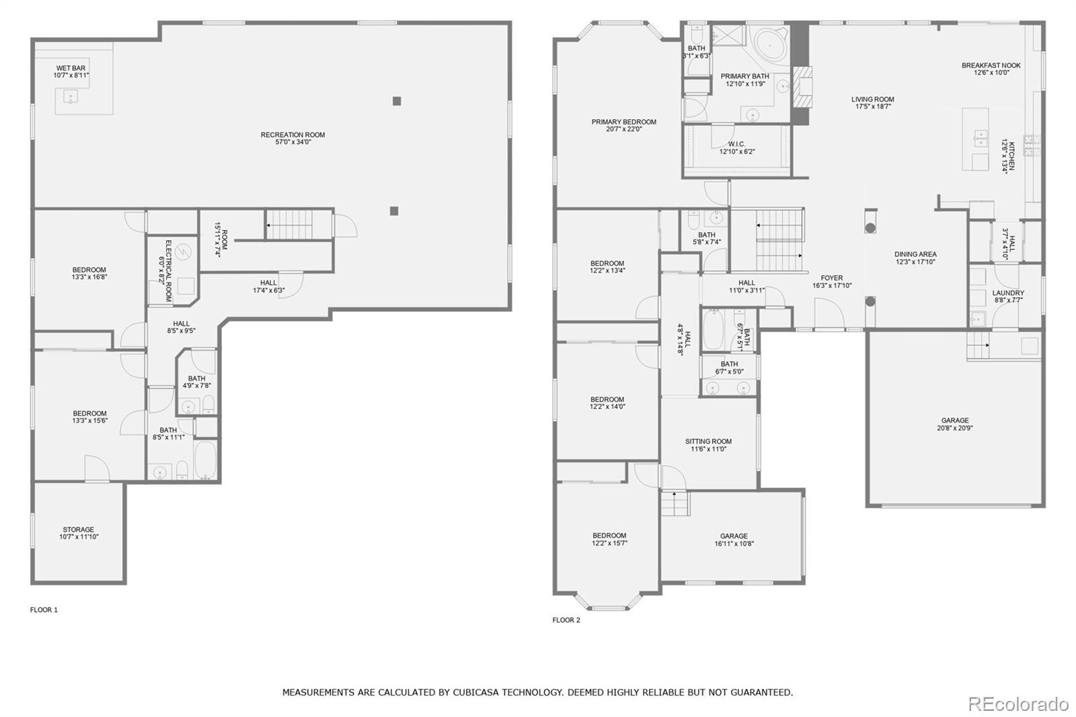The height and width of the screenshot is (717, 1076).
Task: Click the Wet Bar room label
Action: pyautogui.click(x=71, y=68)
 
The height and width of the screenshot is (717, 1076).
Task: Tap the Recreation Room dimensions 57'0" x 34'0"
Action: pyautogui.click(x=293, y=143)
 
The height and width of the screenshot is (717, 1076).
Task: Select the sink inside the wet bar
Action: pyautogui.click(x=70, y=98)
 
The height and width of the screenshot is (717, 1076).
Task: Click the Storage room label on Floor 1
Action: pyautogui.click(x=79, y=529)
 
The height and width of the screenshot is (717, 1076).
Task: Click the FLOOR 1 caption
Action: pyautogui.click(x=44, y=610)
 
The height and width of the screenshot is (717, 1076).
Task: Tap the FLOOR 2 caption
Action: pyautogui.click(x=566, y=620)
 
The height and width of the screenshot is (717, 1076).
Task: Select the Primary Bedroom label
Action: pyautogui.click(x=623, y=122)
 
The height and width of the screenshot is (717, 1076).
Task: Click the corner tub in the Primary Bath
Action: pyautogui.click(x=768, y=44)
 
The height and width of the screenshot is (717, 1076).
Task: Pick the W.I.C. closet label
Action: pyautogui.click(x=736, y=144)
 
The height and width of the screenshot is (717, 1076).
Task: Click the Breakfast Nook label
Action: pyautogui.click(x=991, y=65)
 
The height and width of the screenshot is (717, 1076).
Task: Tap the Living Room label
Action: pyautogui.click(x=872, y=100)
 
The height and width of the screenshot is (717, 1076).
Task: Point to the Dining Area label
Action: pyautogui.click(x=915, y=254)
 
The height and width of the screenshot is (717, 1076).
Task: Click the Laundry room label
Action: pyautogui.click(x=1007, y=293)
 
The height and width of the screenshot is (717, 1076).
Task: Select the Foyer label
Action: pyautogui.click(x=831, y=278)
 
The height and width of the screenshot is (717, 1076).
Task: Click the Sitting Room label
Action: pyautogui.click(x=708, y=441)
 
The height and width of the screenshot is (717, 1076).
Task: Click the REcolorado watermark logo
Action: pyautogui.click(x=1017, y=704)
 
